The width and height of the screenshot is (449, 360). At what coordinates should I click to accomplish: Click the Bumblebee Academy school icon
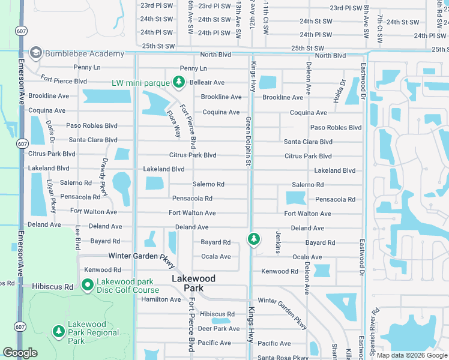[x=36, y=53]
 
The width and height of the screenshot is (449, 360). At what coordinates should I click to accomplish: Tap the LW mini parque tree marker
[x=178, y=82]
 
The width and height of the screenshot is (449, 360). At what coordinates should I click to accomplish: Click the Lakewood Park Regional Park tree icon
[x=58, y=331]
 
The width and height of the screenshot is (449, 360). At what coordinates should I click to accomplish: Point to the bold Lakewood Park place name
[x=193, y=283]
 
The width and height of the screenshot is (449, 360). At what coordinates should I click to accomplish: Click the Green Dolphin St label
[x=247, y=142]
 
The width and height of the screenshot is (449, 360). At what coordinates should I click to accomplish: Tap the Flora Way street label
[x=174, y=119]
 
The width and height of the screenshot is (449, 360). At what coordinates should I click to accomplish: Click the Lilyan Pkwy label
[x=52, y=196]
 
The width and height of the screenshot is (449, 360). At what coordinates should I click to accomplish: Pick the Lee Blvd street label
[x=78, y=238]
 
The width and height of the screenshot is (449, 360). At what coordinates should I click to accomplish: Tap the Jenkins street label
[x=278, y=242]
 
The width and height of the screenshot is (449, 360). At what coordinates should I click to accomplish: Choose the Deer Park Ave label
[x=219, y=329]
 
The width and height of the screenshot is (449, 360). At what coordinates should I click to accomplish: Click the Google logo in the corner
[x=20, y=353]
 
